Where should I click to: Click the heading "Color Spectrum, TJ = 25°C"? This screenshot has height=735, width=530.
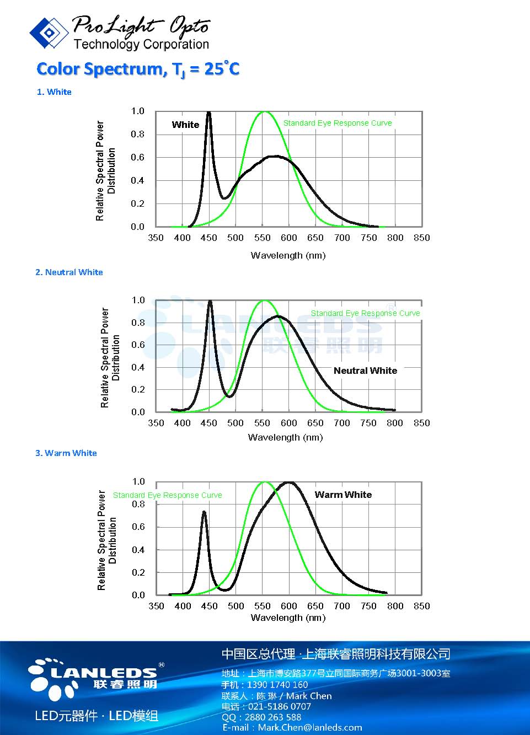click(x=138, y=69)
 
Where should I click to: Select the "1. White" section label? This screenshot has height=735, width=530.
click(x=54, y=92)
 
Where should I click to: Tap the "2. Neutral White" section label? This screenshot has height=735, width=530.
click(x=69, y=272)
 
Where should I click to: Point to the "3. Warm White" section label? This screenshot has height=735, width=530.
click(x=66, y=453)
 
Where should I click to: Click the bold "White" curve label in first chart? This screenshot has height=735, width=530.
click(x=185, y=125)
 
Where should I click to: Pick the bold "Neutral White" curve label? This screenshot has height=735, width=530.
click(x=365, y=371)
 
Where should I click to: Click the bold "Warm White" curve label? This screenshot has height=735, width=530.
click(x=343, y=495)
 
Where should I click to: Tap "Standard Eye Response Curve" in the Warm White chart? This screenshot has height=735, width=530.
click(x=167, y=495)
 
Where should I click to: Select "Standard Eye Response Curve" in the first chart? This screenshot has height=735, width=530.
click(x=338, y=123)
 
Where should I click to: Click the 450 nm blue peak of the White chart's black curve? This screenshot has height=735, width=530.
click(x=208, y=114)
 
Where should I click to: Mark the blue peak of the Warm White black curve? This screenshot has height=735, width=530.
click(x=204, y=512)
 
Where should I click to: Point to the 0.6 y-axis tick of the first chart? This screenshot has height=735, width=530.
click(x=137, y=157)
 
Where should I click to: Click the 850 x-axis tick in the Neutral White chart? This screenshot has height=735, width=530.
click(x=421, y=423)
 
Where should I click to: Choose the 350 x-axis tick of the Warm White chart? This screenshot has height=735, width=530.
click(x=156, y=606)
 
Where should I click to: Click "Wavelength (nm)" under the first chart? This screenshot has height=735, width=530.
click(x=288, y=255)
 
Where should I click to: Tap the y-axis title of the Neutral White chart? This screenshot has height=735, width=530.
click(x=110, y=358)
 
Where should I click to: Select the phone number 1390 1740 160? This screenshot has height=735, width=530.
click(x=277, y=684)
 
